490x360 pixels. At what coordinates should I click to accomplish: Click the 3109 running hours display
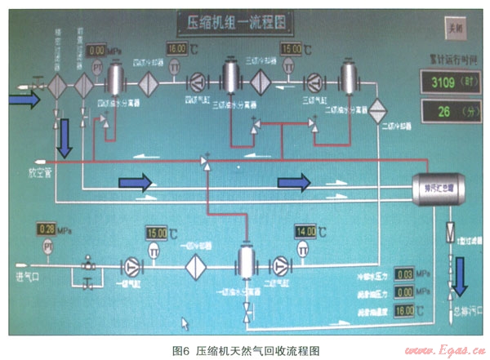tap(448, 81)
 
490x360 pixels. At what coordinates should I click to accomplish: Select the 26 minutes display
tap(448, 110)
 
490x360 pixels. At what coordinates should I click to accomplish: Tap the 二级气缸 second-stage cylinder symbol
tap(281, 264)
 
